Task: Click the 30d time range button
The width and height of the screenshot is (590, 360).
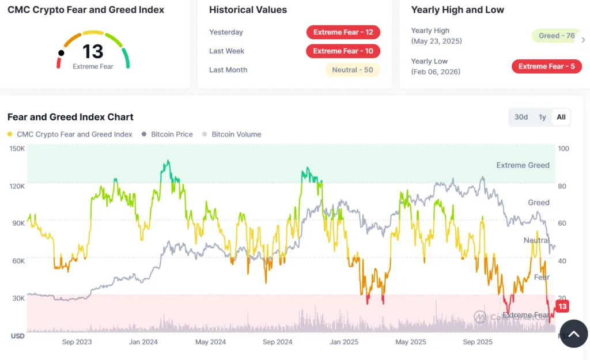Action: tap(521, 117)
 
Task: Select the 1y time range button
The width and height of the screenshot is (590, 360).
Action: tap(542, 117)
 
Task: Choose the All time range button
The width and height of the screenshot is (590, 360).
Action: tap(561, 117)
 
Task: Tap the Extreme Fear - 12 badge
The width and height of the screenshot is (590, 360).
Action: tap(343, 32)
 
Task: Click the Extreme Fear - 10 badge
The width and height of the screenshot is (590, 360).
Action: tap(343, 51)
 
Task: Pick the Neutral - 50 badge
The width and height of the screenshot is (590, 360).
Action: tap(352, 70)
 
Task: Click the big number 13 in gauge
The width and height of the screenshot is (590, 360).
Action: tap(93, 52)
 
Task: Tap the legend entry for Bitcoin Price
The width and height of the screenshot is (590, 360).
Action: tap(172, 134)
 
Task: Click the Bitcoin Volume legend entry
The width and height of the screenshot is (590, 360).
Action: tap(236, 134)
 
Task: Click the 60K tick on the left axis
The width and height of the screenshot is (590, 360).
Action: tap(17, 261)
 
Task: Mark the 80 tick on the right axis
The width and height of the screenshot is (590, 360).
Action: tap(563, 186)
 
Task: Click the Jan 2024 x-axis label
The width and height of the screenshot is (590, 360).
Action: tap(143, 342)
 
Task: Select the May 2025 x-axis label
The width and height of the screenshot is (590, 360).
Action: tap(411, 342)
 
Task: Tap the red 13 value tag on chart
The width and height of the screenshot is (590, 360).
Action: tap(562, 306)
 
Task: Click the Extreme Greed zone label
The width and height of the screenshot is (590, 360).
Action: tap(523, 165)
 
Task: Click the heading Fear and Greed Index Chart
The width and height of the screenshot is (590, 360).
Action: tap(70, 117)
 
